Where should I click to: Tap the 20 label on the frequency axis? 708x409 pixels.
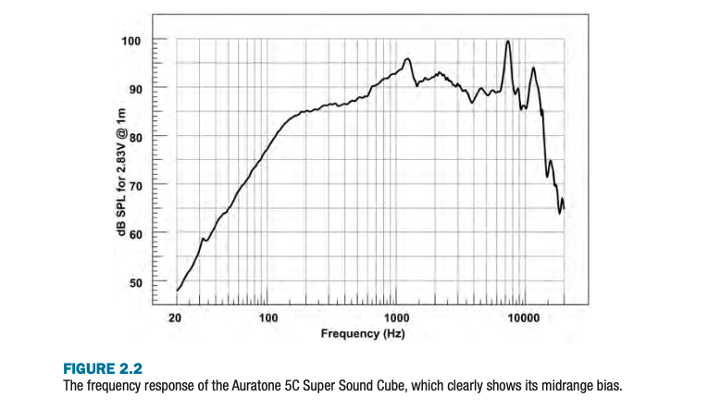point(176,317)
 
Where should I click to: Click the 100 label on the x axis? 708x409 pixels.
point(267,317)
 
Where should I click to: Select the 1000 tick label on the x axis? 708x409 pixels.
point(395,317)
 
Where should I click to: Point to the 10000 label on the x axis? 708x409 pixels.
point(524,317)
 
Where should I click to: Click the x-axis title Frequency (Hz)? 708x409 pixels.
point(362,332)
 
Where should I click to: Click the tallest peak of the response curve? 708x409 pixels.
point(507,42)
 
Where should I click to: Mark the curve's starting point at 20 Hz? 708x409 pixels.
point(177,291)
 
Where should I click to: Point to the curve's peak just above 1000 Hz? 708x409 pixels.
point(407,59)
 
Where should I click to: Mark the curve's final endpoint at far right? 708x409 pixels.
point(563,205)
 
